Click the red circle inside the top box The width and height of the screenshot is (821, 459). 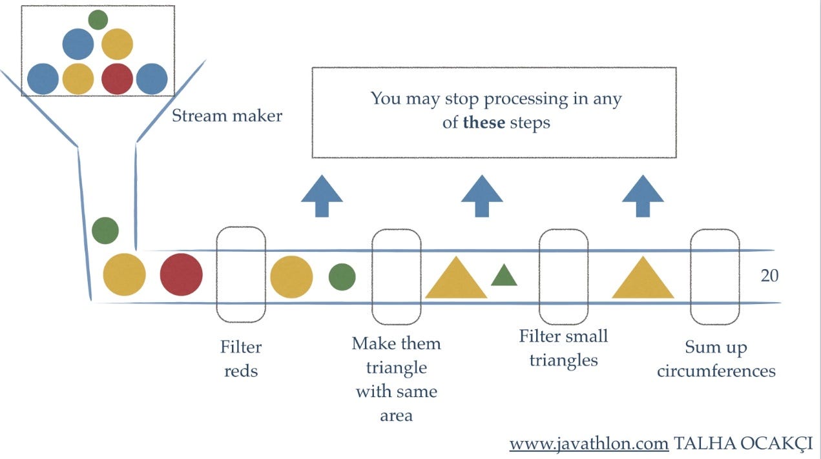[x=117, y=79]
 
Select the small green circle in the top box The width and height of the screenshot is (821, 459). [x=98, y=20]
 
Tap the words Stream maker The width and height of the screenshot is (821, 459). [x=227, y=116]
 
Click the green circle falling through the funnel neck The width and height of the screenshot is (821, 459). [x=105, y=230]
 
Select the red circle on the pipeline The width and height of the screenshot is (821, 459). [x=181, y=275]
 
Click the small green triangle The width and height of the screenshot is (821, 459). [x=504, y=276]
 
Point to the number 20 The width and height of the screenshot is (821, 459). [x=769, y=276]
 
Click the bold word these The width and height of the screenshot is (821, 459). [x=484, y=122]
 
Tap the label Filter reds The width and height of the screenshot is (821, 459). [x=241, y=359]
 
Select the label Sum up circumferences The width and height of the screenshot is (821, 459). [x=716, y=360]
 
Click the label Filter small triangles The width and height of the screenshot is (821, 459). [x=563, y=348]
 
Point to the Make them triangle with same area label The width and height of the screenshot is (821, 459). [x=396, y=379]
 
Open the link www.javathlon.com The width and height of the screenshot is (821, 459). [x=588, y=444]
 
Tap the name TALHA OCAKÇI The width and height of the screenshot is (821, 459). [x=743, y=444]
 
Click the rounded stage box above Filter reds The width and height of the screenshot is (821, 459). [x=241, y=274]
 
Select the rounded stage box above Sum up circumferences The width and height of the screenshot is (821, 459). [x=714, y=276]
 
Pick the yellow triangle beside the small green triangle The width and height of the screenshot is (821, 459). [x=455, y=280]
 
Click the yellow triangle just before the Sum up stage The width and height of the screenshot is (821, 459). [x=643, y=280]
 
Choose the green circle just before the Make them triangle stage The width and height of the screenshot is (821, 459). [x=342, y=276]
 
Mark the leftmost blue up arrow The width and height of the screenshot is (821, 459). [x=322, y=196]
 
